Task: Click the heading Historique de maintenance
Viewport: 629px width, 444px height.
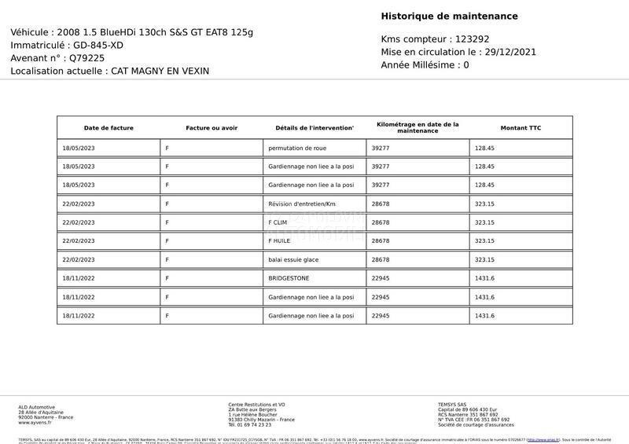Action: tap(449, 17)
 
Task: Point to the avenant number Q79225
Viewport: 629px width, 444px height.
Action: tap(86, 58)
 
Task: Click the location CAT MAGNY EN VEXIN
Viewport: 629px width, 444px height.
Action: tap(160, 71)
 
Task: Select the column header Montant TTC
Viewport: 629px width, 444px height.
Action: tap(520, 128)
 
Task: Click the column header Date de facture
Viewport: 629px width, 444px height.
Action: tap(109, 128)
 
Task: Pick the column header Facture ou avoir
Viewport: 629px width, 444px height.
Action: tap(212, 128)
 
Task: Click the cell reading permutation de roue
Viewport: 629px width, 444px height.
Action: tap(297, 148)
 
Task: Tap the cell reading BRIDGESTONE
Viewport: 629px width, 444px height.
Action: tap(289, 278)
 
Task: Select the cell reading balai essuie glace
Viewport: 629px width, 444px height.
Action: tap(293, 259)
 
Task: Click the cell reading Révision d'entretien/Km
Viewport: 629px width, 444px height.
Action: tap(302, 204)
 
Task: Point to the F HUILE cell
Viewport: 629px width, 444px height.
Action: tap(280, 241)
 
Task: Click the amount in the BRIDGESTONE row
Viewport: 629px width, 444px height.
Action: tap(484, 278)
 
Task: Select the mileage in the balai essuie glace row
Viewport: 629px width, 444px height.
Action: tap(381, 259)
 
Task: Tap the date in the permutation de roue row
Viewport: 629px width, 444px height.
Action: tap(79, 148)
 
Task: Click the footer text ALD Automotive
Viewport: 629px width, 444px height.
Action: tap(37, 407)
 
